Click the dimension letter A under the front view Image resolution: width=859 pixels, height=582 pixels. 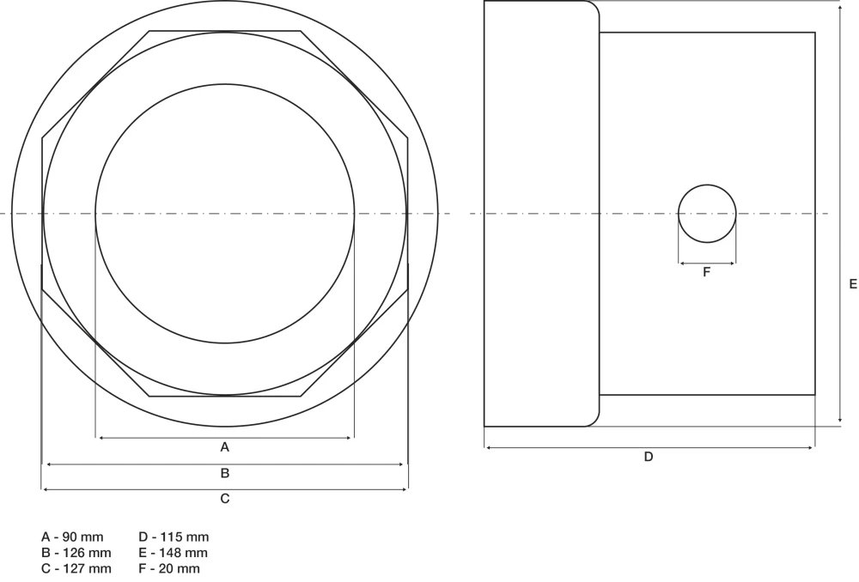pos(224,447)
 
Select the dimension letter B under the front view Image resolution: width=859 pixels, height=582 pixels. pos(224,473)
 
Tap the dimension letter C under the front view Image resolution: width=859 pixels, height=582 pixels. pos(224,498)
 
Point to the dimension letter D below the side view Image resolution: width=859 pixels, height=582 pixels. pos(648,457)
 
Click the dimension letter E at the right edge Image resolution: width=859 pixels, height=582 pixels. pos(853,284)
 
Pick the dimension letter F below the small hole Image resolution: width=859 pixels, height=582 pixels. pos(706,272)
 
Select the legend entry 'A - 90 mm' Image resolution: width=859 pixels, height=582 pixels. pos(72,537)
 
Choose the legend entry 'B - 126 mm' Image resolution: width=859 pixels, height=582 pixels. pos(76,553)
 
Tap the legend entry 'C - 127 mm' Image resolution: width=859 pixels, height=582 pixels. pos(76,569)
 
